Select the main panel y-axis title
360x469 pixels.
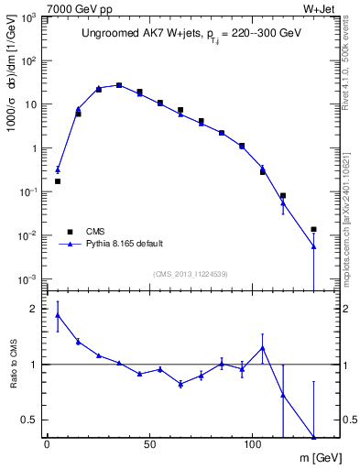(12, 89)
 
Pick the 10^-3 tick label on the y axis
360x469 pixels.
(30, 278)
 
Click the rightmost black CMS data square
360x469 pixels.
(313, 229)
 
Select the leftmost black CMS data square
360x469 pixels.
(58, 181)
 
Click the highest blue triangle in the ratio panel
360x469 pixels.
(58, 315)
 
